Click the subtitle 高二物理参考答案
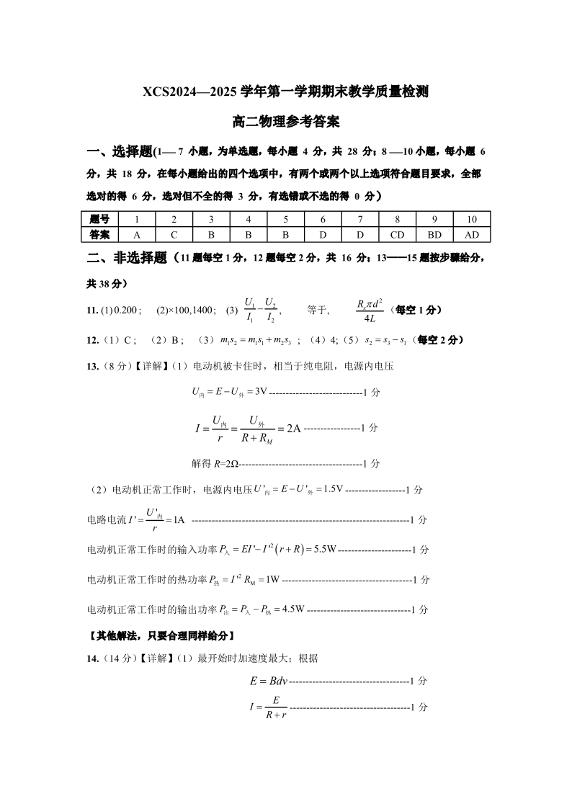pos(286,122)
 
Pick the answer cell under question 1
pos(136,234)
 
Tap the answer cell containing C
pos(174,234)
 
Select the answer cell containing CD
pos(397,234)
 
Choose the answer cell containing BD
pos(434,234)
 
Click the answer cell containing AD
pos(472,234)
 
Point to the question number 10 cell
pos(472,219)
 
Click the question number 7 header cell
pos(360,219)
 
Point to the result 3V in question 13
pos(261,392)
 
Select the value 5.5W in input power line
pos(325,550)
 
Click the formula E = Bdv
pos(268,681)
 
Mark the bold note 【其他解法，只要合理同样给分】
pos(160,636)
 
